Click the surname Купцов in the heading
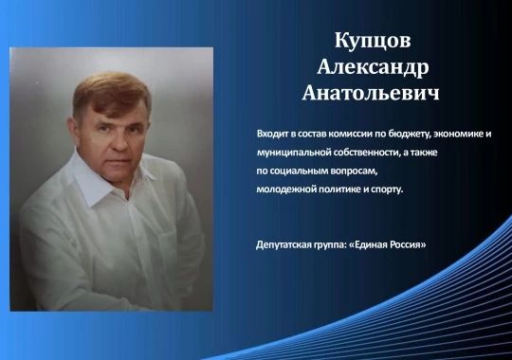pyautogui.click(x=373, y=41)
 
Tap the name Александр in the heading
pyautogui.click(x=373, y=67)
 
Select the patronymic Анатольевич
pyautogui.click(x=371, y=93)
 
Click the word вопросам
pyautogui.click(x=354, y=171)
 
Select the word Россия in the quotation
pyautogui.click(x=404, y=244)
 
